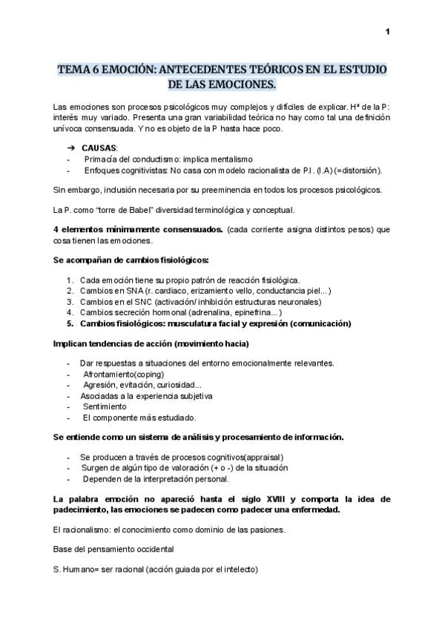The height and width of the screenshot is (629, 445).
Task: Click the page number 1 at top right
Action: click(x=388, y=31)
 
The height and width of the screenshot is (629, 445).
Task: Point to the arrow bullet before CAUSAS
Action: click(x=71, y=148)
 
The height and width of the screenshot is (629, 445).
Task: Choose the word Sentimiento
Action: click(x=105, y=406)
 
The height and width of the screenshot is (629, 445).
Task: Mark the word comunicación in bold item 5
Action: click(x=312, y=323)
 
